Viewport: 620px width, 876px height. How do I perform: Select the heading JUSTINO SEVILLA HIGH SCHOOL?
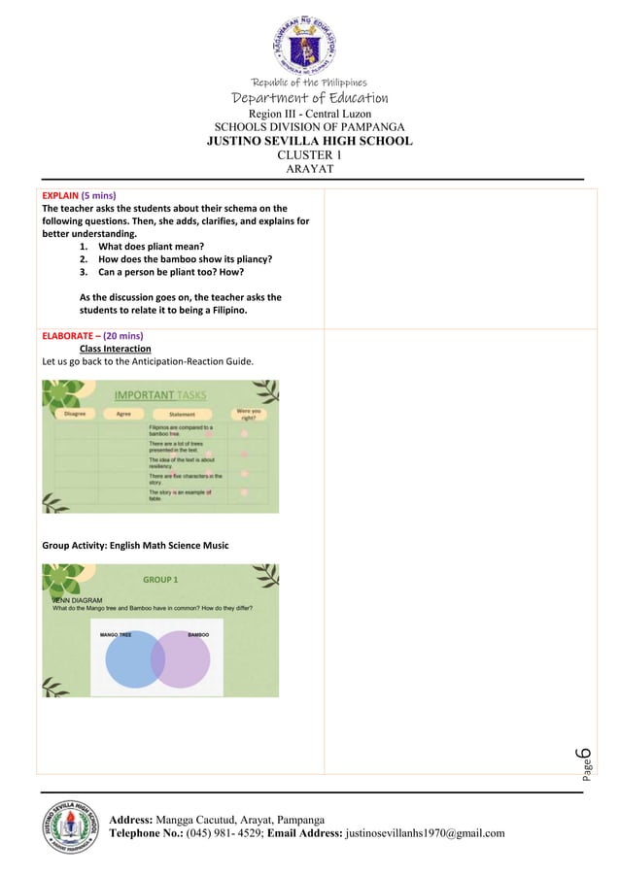tap(309, 141)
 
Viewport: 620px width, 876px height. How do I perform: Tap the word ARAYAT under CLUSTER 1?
tap(309, 169)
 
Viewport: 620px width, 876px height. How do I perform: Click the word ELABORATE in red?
tap(70, 335)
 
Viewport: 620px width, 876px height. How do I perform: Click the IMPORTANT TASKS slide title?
tap(159, 395)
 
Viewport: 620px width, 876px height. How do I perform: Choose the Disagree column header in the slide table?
tap(74, 414)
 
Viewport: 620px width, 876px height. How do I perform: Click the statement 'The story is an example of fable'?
tap(180, 495)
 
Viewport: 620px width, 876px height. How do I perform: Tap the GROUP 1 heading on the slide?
tap(160, 580)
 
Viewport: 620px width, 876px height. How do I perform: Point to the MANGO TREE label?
tap(117, 634)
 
